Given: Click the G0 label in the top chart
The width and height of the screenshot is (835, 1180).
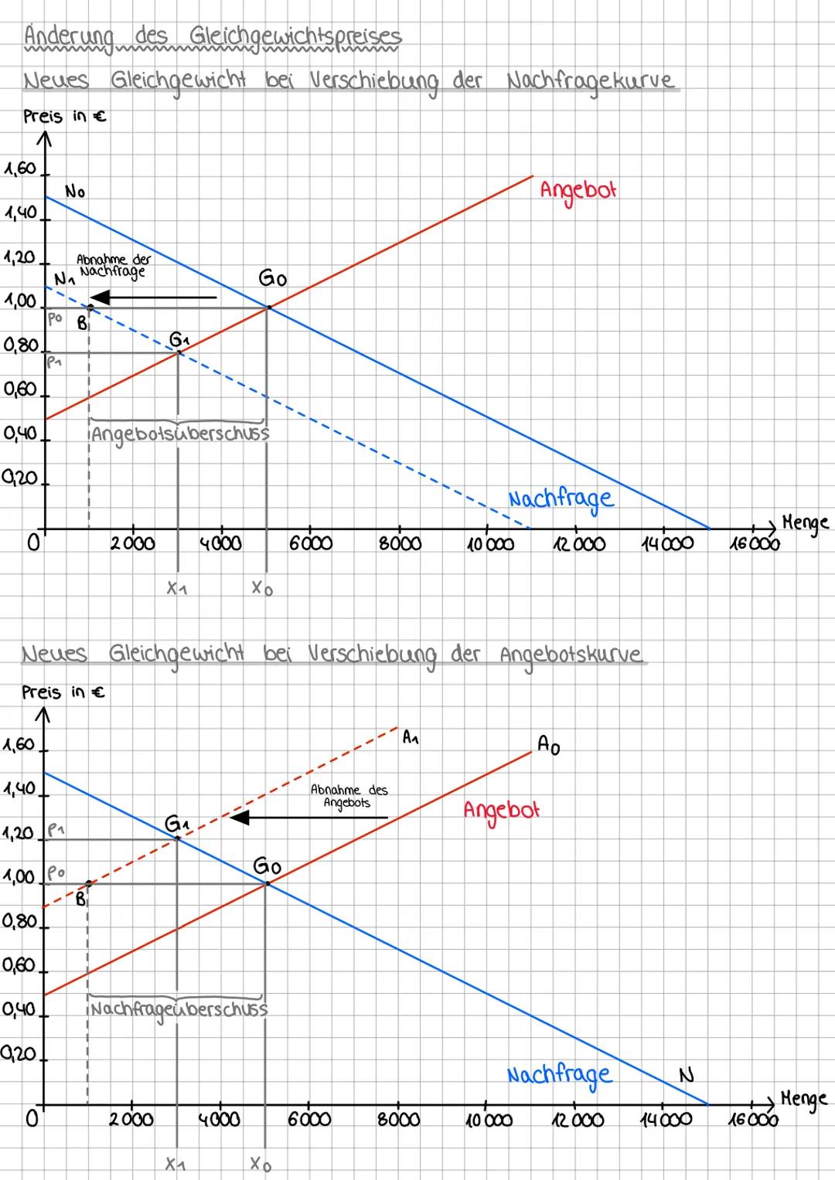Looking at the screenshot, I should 272,279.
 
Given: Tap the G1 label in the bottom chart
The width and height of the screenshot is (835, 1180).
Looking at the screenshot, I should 176,824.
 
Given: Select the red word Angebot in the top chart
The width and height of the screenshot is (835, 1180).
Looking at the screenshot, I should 578,190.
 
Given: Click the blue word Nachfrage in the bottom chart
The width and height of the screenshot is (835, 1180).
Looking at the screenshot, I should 559,1075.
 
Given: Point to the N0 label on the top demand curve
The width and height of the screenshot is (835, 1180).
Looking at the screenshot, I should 75,192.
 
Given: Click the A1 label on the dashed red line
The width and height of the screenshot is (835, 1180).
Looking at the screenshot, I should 411,738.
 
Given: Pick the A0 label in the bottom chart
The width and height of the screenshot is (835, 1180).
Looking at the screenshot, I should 548,745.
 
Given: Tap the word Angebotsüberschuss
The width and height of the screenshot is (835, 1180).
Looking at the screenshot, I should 180,434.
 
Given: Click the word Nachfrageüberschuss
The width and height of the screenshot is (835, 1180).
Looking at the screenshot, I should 179,1009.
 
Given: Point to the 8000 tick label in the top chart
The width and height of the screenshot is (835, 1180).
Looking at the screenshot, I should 400,544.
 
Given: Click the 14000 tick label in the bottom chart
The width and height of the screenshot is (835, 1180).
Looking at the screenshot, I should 666,1120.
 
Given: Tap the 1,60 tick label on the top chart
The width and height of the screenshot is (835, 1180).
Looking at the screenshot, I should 20,168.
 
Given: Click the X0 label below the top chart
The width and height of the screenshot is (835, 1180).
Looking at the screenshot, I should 262,589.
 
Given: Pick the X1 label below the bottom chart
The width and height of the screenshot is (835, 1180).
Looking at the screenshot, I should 176,1163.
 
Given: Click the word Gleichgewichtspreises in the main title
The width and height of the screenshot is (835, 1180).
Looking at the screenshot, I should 295,36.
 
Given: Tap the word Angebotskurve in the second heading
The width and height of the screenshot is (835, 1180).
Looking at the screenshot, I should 571,655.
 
